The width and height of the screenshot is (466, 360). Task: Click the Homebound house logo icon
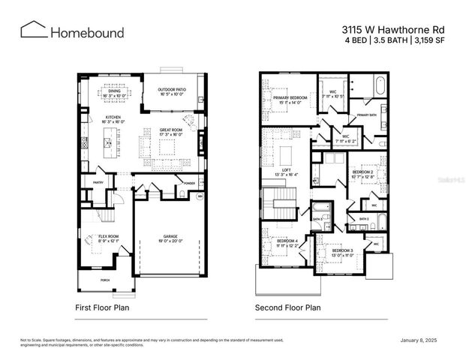coord(34,30)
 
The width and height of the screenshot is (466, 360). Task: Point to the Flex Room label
coord(109,238)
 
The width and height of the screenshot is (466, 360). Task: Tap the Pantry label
coord(98,182)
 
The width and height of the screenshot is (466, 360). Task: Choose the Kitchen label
coord(113,118)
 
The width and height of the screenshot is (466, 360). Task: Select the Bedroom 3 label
coord(342,250)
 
